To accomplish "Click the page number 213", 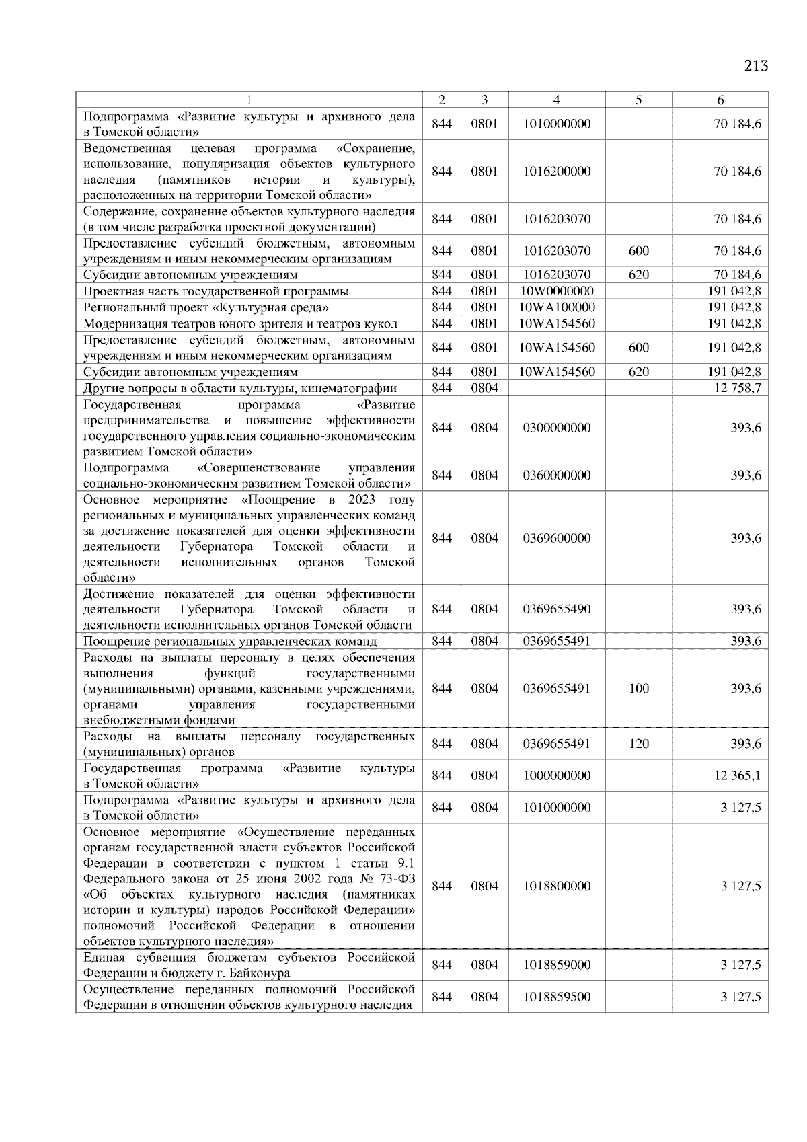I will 755,66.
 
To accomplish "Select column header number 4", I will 556,100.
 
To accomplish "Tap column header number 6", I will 720,100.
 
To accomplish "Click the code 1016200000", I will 556,172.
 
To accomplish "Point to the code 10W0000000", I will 556,291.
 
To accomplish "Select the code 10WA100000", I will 556,307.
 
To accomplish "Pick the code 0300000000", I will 556,428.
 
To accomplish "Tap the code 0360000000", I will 556,475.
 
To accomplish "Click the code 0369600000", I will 556,538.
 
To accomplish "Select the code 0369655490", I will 556,609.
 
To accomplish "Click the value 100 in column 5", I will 638,689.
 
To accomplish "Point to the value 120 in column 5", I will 638,744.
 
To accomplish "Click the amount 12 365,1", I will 737,775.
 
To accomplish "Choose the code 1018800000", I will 556,886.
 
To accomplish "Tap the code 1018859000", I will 556,965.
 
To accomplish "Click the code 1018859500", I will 556,997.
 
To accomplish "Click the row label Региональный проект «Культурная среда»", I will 206,307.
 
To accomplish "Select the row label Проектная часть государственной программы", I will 216,291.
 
